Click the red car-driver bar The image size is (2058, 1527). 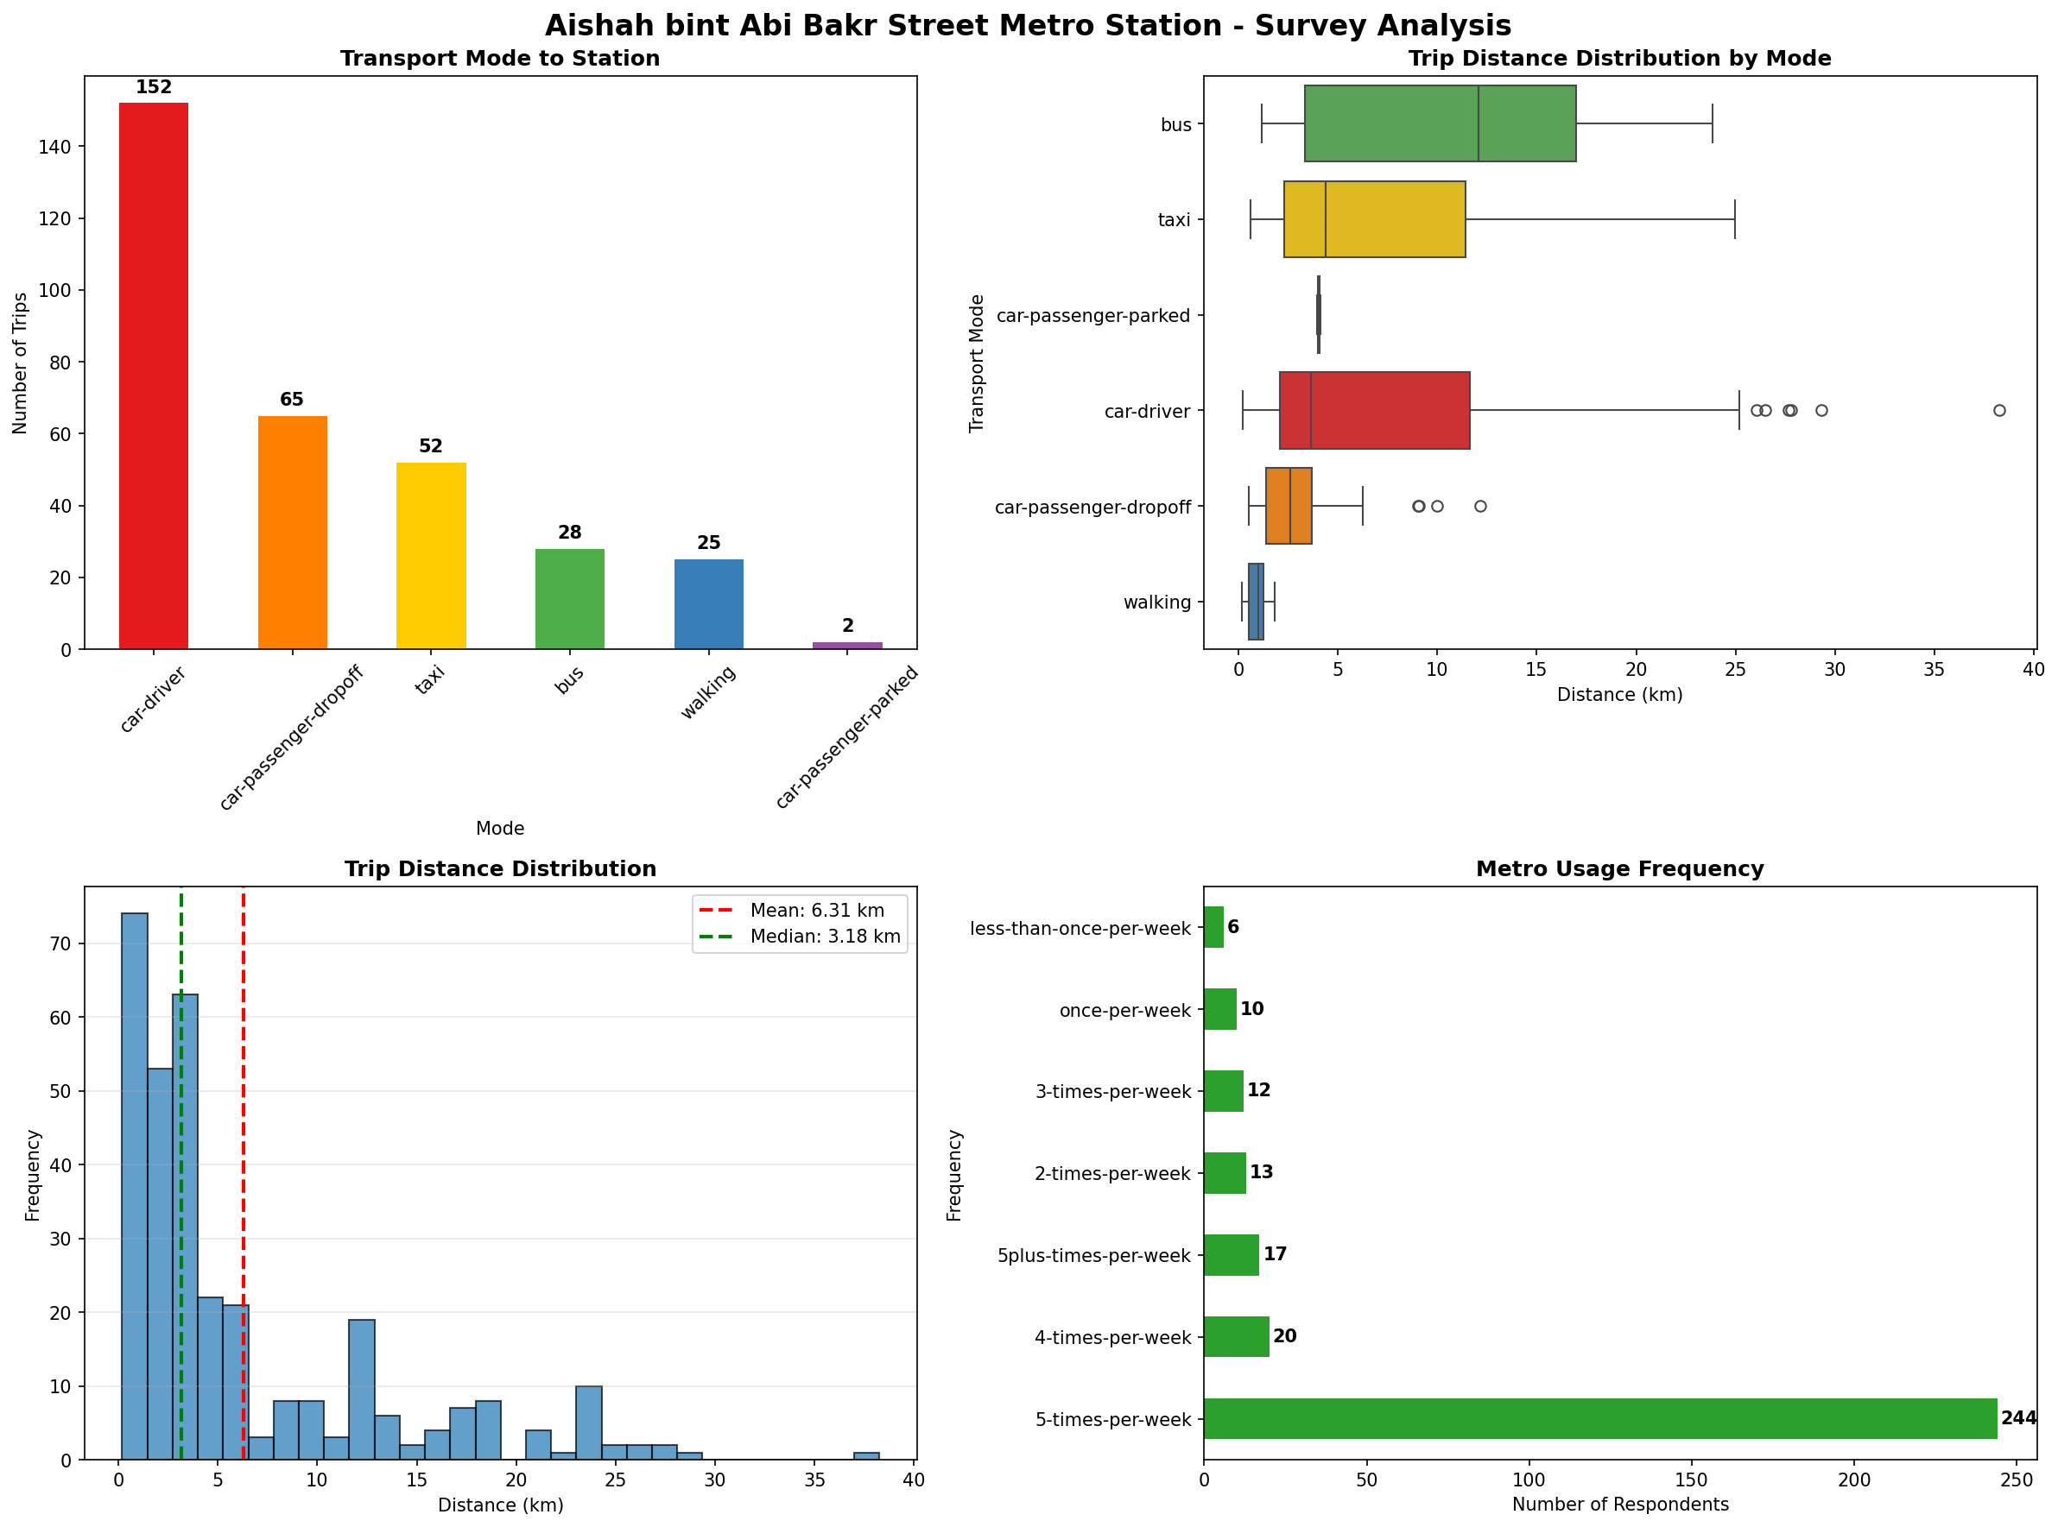154,375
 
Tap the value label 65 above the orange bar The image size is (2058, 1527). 291,400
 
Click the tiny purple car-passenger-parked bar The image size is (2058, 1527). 847,645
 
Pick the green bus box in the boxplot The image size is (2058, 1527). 1439,123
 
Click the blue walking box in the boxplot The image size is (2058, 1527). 1256,602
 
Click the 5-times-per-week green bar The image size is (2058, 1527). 1599,1419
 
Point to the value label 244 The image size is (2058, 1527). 2018,1418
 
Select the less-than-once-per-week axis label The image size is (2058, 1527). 1080,928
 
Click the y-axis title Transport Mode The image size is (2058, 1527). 976,363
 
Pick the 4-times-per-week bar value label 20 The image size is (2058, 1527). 1284,1335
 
